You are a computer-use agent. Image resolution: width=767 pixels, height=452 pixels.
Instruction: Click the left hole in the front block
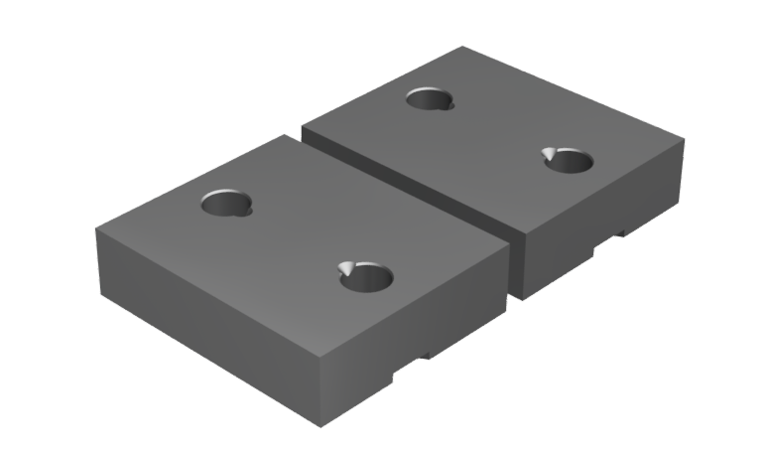click(x=226, y=204)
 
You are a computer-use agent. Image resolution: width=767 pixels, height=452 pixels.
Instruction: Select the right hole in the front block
click(x=367, y=277)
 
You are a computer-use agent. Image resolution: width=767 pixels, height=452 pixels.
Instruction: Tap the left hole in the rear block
click(x=430, y=98)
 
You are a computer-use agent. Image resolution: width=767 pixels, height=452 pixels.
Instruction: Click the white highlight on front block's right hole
click(x=345, y=268)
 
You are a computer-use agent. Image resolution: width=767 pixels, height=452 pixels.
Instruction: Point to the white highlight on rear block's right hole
click(x=549, y=153)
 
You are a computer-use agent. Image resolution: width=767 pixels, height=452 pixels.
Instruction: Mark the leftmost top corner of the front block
click(x=96, y=229)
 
